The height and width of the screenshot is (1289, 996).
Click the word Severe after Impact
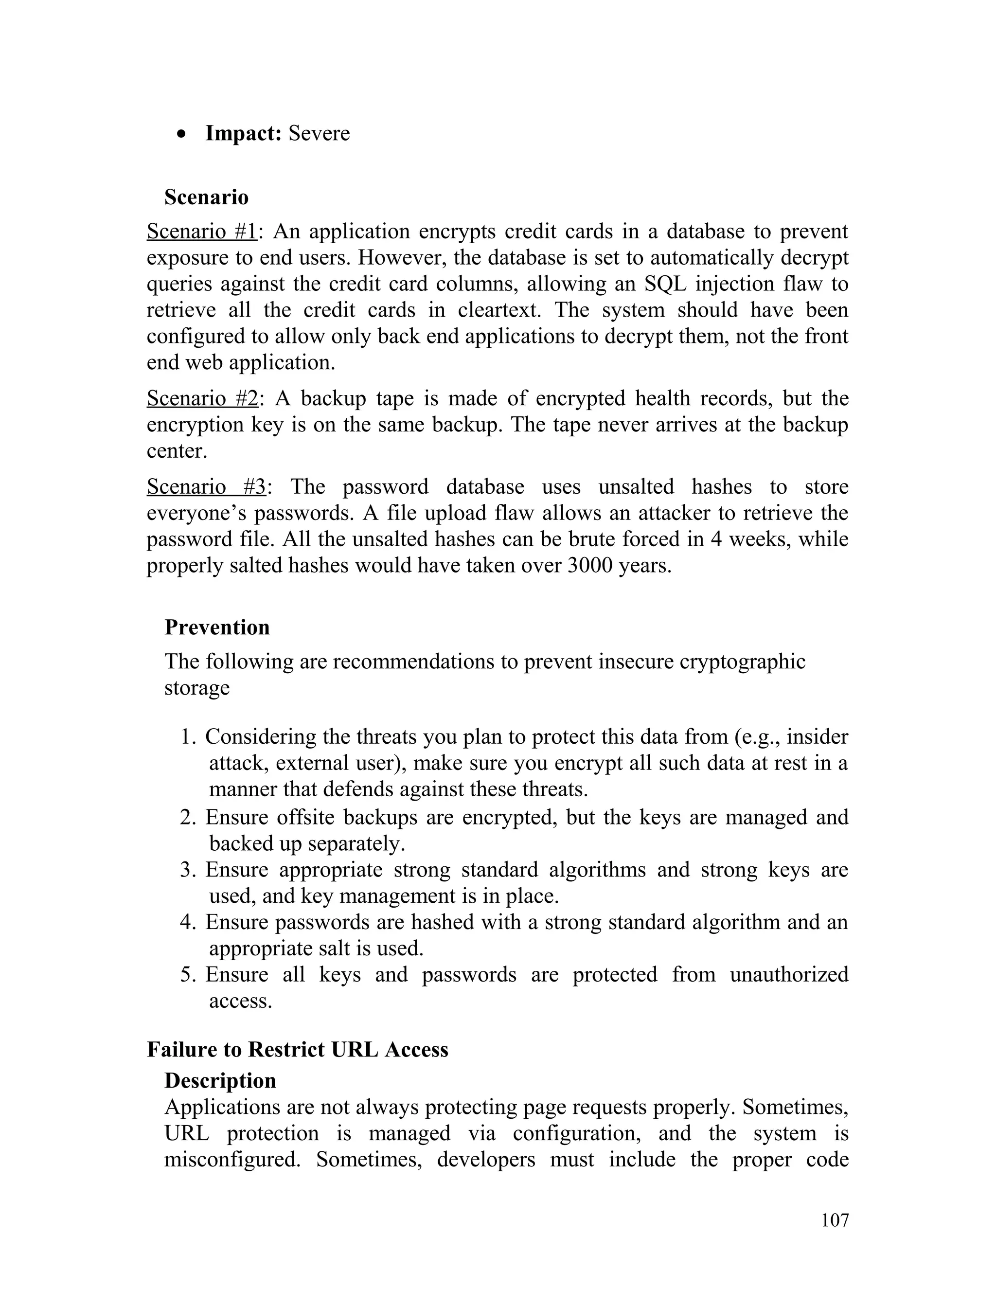point(319,133)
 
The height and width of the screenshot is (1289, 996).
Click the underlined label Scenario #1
point(202,232)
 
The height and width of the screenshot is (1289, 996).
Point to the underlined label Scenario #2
point(202,398)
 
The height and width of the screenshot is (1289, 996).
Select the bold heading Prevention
point(217,627)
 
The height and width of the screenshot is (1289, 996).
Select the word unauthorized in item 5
point(789,974)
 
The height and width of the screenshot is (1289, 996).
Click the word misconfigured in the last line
point(232,1160)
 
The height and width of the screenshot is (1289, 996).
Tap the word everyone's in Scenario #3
point(196,513)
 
